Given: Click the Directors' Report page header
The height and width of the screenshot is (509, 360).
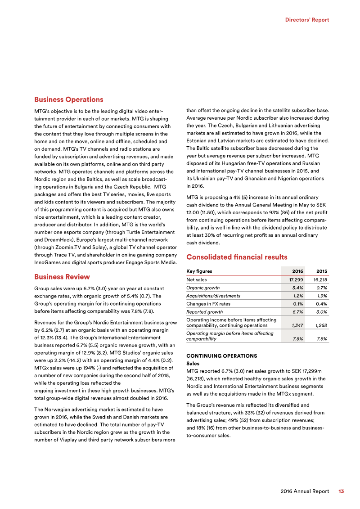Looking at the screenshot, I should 307,20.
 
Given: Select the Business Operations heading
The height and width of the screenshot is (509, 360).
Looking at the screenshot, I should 69,99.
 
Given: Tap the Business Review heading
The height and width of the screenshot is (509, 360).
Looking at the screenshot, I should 62,276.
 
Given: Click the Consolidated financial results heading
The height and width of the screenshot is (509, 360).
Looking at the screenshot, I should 236,257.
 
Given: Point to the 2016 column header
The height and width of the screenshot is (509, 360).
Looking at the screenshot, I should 297,271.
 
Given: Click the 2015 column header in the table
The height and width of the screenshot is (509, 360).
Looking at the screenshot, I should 321,271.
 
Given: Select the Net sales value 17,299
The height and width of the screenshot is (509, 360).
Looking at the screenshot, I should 296,280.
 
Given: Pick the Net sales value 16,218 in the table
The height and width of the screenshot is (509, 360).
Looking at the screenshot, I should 320,280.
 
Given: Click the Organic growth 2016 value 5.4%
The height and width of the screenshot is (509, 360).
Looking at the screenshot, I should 297,288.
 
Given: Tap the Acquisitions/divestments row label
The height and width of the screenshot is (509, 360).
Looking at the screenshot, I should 213,296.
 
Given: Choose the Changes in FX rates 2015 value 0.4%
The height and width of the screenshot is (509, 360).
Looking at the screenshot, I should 321,304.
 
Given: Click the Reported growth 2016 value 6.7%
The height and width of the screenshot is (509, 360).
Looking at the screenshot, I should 297,312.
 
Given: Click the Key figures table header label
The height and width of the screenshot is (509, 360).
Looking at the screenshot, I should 199,271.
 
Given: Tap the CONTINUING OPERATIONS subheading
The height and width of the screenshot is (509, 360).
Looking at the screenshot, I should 221,356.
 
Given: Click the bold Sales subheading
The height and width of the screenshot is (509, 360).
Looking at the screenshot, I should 193,363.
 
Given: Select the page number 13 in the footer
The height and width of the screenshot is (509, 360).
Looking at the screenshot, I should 341,491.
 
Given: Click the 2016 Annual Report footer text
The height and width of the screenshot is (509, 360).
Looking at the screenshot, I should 305,491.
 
